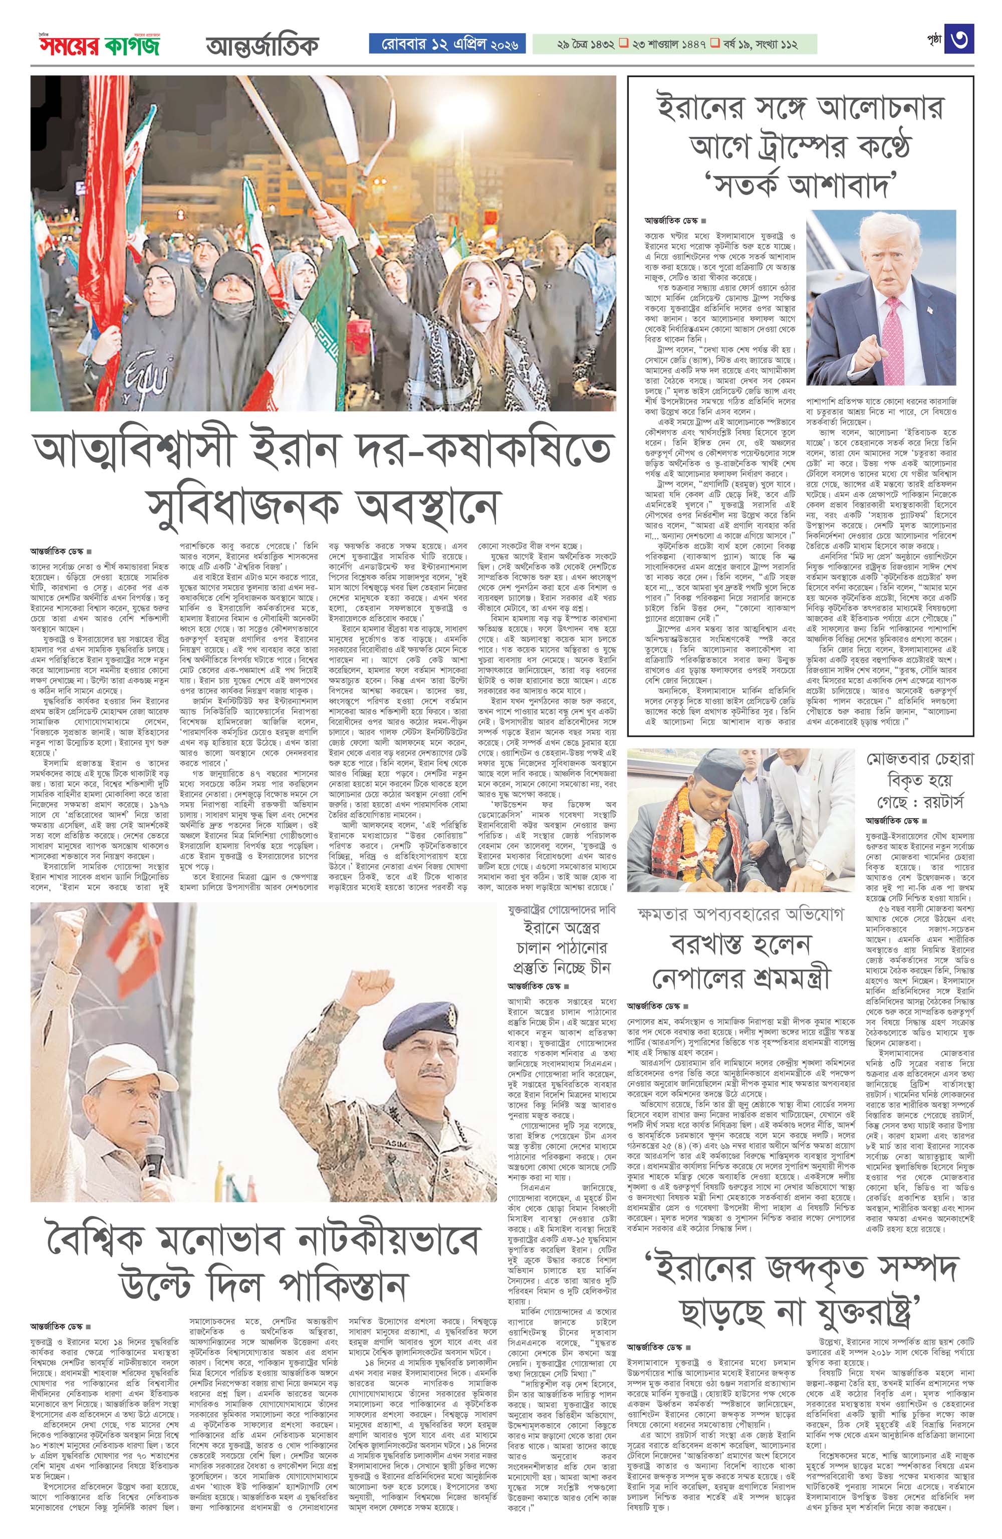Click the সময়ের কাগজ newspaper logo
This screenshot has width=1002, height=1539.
(x=97, y=45)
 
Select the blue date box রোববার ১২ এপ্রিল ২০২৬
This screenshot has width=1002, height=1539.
(x=447, y=44)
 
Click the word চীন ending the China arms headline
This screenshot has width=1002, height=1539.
(x=599, y=968)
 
